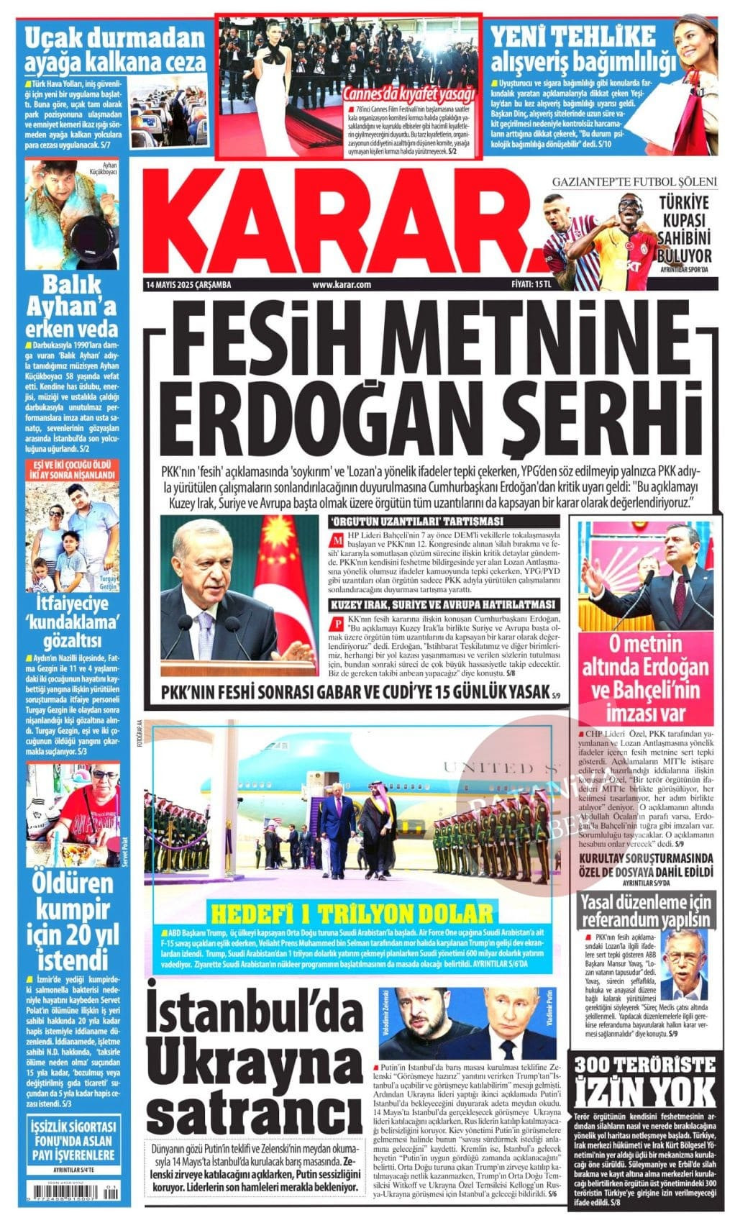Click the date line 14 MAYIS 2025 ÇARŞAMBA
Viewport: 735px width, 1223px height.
[188, 285]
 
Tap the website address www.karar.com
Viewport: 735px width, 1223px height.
[341, 285]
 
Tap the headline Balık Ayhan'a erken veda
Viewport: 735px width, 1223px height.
[71, 306]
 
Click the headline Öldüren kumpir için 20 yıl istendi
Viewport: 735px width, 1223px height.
[71, 921]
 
